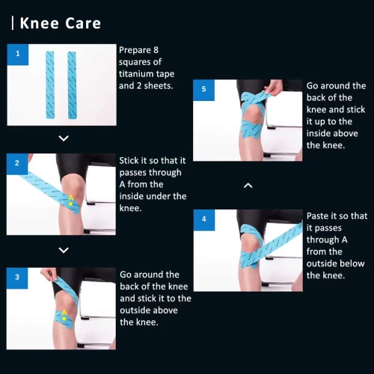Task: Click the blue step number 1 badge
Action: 18,55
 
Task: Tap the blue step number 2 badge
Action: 17,164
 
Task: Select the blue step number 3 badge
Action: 17,278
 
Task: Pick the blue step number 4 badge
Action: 204,220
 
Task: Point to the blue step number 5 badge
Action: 203,90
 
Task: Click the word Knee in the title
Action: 40,23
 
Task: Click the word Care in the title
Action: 83,23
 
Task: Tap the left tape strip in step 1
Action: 50,85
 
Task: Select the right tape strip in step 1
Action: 72,85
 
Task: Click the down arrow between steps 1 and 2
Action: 64,138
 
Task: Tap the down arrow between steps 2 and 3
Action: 64,250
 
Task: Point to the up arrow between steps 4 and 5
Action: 248,186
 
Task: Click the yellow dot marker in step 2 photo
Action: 70,204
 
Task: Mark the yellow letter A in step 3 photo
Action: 64,313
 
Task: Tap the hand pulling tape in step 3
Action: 48,275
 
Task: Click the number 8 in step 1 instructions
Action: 156,50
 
